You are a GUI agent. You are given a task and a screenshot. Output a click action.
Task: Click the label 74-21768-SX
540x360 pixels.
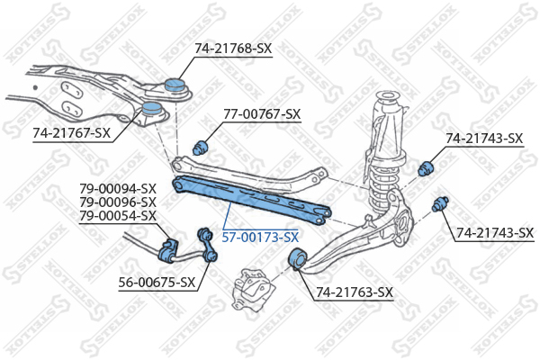pos(233,49)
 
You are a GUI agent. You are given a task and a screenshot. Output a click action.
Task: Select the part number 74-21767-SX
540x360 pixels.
pos(72,132)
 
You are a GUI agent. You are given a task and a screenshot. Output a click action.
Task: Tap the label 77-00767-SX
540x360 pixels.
pos(262,114)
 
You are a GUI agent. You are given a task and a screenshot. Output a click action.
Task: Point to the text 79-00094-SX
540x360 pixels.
pos(118,189)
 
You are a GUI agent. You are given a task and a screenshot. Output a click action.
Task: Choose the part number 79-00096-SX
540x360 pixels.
pos(118,202)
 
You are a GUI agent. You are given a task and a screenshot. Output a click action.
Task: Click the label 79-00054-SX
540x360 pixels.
pos(118,216)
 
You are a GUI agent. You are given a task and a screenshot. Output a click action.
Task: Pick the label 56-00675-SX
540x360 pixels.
pos(157,283)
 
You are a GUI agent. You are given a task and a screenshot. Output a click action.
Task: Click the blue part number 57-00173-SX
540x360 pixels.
pos(260,238)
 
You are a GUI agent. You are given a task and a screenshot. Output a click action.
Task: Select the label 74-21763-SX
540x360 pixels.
pos(355,292)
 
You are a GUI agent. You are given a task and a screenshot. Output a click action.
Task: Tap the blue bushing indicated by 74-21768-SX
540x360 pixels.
pos(175,85)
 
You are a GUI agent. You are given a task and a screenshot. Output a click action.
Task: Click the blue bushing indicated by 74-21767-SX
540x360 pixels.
pos(151,108)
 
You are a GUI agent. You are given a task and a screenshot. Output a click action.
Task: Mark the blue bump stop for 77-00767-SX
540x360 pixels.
pos(200,148)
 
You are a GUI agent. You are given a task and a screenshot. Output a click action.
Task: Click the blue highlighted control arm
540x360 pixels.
pos(251,199)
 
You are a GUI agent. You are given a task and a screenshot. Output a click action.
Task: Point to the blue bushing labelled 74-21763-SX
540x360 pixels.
pos(297,259)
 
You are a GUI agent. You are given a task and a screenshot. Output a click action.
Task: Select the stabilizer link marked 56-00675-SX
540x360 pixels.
pos(208,246)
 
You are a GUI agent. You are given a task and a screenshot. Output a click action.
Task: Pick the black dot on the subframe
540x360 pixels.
pos(35,87)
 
